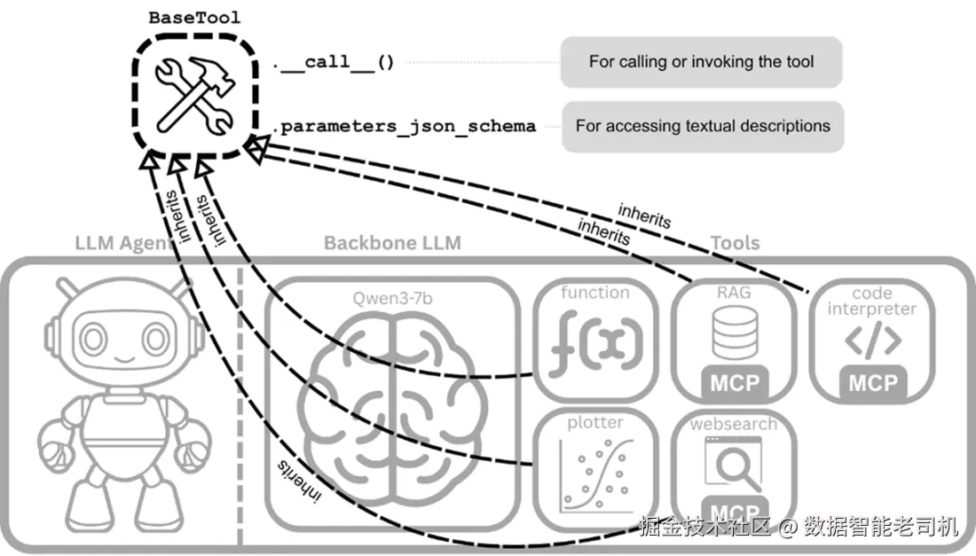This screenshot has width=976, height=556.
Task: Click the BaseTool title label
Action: (194, 18)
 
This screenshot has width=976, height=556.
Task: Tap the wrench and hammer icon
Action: (195, 95)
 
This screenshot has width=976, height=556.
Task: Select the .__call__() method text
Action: (334, 62)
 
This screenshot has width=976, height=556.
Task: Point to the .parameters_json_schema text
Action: (405, 126)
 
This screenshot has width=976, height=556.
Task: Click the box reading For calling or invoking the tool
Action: (702, 61)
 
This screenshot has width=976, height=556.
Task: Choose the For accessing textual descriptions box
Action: (703, 126)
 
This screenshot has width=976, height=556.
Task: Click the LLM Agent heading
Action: (124, 243)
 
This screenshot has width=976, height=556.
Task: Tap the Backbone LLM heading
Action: (392, 243)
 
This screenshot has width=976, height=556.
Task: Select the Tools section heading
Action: (736, 243)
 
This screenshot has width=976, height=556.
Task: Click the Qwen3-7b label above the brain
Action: (392, 299)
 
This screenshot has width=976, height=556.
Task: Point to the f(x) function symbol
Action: (595, 343)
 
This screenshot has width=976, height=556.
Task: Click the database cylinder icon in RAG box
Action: (735, 333)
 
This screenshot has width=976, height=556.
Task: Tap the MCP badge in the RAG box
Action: (735, 382)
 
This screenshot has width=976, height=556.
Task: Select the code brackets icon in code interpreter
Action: (873, 340)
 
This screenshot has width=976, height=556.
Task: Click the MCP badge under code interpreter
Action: (873, 382)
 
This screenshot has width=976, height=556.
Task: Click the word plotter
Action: (595, 423)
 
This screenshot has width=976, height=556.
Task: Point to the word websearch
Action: (734, 424)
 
